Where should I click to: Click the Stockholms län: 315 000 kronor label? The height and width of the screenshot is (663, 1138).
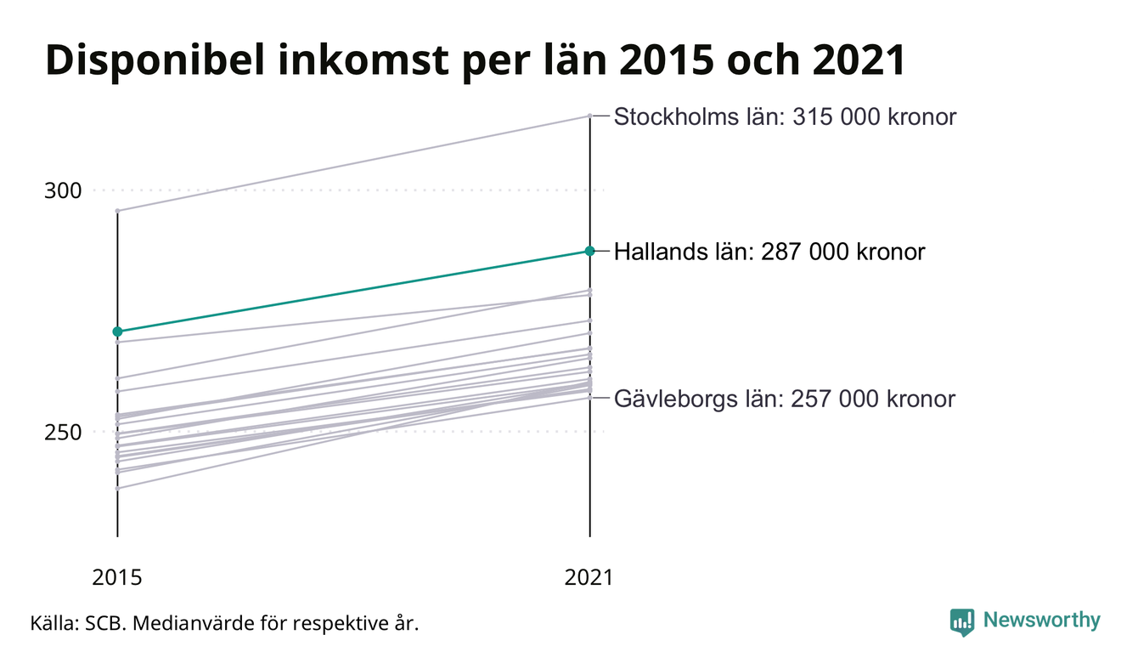785,116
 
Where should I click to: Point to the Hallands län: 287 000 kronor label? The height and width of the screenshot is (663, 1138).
769,252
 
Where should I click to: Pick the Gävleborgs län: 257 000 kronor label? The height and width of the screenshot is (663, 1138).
784,399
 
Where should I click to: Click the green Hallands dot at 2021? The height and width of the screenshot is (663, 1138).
589,251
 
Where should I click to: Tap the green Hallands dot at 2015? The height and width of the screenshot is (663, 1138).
117,331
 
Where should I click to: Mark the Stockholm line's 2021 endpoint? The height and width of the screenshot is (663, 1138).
589,116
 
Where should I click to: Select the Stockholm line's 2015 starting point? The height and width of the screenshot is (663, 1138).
117,210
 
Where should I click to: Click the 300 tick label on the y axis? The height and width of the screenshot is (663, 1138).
63,190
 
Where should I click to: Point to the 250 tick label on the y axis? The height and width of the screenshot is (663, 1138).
63,432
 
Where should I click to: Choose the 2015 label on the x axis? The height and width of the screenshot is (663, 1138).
117,577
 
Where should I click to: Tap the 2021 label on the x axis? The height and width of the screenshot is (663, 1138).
589,577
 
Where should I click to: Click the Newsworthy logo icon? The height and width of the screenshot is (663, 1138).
962,621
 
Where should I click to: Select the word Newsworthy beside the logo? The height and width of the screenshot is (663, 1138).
1041,620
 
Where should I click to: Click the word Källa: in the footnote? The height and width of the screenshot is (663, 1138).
54,623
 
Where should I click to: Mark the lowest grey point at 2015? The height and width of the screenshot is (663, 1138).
117,488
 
